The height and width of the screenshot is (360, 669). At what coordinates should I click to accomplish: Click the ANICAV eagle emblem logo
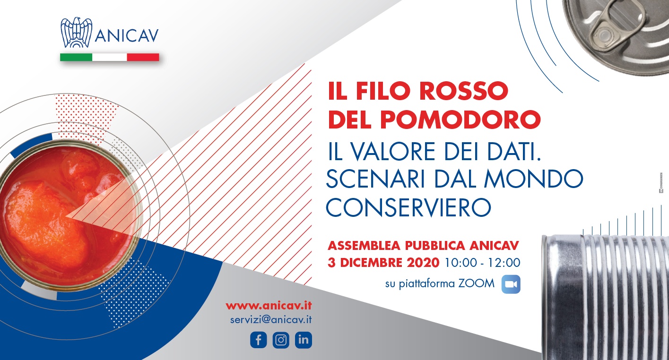pyautogui.click(x=77, y=33)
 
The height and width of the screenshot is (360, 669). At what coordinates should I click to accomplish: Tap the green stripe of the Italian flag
pyautogui.click(x=76, y=57)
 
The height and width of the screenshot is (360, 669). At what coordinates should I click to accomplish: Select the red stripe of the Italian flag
pyautogui.click(x=143, y=57)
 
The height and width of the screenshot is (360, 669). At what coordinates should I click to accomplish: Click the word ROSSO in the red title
pyautogui.click(x=464, y=91)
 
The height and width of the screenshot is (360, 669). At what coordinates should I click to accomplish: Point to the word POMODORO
pyautogui.click(x=460, y=120)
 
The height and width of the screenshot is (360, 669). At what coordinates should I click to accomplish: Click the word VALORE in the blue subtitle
pyautogui.click(x=393, y=151)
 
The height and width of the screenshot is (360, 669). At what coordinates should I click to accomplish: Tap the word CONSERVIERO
pyautogui.click(x=408, y=207)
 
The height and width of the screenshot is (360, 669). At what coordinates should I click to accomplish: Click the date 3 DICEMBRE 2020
pyautogui.click(x=383, y=263)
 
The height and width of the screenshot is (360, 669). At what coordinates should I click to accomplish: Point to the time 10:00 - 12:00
pyautogui.click(x=482, y=263)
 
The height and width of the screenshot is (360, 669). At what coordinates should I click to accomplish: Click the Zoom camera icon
pyautogui.click(x=511, y=284)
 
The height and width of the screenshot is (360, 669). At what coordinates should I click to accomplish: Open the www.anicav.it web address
pyautogui.click(x=269, y=306)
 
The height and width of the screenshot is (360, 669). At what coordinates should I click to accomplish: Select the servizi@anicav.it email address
pyautogui.click(x=271, y=320)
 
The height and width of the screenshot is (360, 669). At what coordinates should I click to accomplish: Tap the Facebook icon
pyautogui.click(x=258, y=340)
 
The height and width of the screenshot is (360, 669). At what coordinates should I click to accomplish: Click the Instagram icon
pyautogui.click(x=281, y=340)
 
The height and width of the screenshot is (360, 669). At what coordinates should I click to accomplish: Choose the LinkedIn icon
pyautogui.click(x=303, y=340)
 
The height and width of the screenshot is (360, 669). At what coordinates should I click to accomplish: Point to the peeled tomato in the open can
pyautogui.click(x=45, y=221)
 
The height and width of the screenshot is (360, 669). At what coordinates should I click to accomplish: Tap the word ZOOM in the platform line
pyautogui.click(x=477, y=283)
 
